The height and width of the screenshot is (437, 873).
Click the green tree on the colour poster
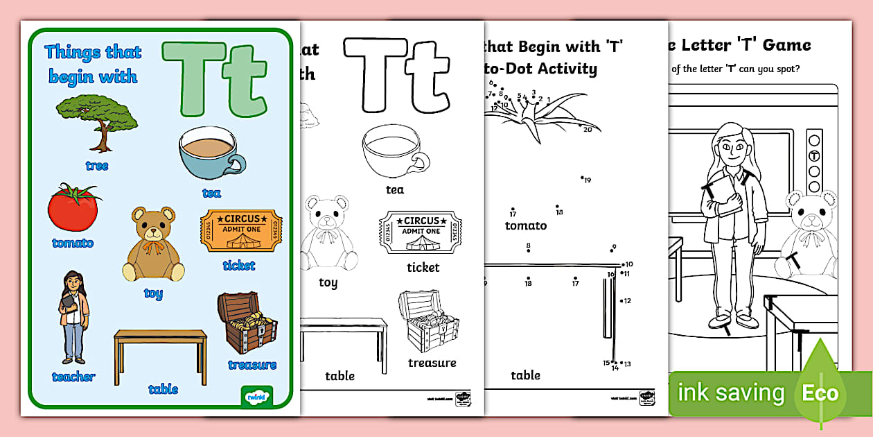pyautogui.click(x=96, y=118)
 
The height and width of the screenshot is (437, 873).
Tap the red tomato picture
pyautogui.click(x=73, y=208)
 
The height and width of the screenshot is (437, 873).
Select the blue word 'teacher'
pyautogui.click(x=73, y=377)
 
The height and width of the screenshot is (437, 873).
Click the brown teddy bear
pyautogui.click(x=153, y=244)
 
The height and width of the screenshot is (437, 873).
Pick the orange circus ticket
pyautogui.click(x=241, y=232)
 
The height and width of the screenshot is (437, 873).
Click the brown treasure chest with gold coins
pyautogui.click(x=247, y=323)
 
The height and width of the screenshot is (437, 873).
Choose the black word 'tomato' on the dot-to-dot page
pyautogui.click(x=525, y=225)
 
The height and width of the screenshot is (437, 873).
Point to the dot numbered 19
pyautogui.click(x=582, y=178)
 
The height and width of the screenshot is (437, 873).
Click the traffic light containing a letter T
pyautogui.click(x=815, y=161)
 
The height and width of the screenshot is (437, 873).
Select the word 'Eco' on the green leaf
pyautogui.click(x=820, y=393)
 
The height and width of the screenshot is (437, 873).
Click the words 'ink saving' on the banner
pyautogui.click(x=730, y=393)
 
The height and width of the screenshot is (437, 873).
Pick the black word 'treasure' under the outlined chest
pyautogui.click(x=432, y=363)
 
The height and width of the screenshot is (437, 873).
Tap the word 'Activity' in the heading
pyautogui.click(x=561, y=68)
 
